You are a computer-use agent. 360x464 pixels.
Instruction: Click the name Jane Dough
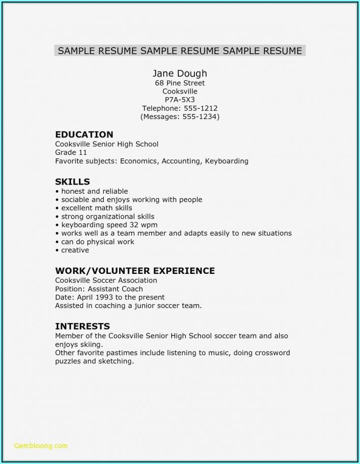(179, 73)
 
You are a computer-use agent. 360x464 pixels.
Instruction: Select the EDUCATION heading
(84, 134)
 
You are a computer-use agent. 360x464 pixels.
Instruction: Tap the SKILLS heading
(72, 181)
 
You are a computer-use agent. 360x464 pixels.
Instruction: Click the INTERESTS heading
(82, 326)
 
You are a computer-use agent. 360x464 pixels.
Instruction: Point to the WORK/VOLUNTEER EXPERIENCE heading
(134, 271)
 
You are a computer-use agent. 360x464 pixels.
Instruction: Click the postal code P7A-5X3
(179, 100)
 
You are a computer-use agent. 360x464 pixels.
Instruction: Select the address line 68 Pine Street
(179, 83)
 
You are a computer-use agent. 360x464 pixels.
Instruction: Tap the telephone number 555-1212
(200, 108)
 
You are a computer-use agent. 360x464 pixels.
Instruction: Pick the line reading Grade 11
(71, 152)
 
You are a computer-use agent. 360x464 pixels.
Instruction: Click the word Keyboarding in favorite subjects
(227, 161)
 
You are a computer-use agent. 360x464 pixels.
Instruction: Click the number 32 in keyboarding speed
(133, 225)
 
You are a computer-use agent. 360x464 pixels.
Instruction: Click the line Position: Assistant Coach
(99, 289)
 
